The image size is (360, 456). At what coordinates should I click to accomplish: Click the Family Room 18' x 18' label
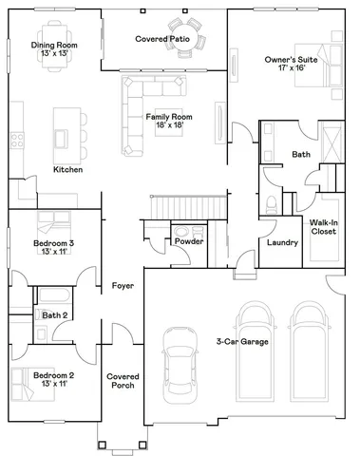pos(164,120)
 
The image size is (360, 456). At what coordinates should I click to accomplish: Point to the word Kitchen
pos(67,169)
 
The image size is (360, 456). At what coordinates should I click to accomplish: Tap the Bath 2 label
pos(54,314)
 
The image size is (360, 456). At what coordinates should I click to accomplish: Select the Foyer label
pos(123,285)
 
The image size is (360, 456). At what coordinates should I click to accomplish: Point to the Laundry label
pos(283,242)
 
